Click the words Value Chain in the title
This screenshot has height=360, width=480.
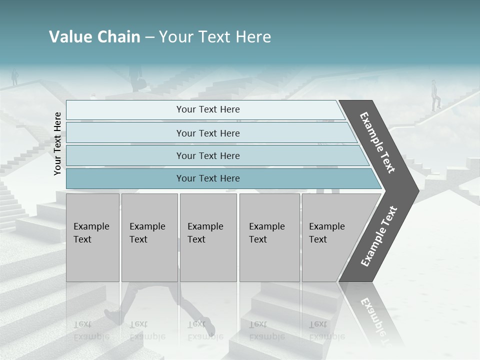click(94, 37)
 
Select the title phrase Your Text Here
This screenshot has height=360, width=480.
click(215, 37)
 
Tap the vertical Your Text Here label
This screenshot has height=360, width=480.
click(57, 143)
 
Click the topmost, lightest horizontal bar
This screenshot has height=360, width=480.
click(205, 109)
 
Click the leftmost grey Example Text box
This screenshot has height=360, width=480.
click(92, 237)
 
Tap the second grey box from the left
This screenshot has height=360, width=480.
click(149, 237)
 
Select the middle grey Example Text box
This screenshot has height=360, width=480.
click(208, 237)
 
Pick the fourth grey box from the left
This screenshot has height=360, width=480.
click(269, 237)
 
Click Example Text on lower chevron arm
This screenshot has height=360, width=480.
click(379, 236)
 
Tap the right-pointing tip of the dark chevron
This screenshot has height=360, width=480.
click(416, 190)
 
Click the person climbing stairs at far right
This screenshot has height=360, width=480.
click(436, 95)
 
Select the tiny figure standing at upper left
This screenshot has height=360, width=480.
click(15, 77)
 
